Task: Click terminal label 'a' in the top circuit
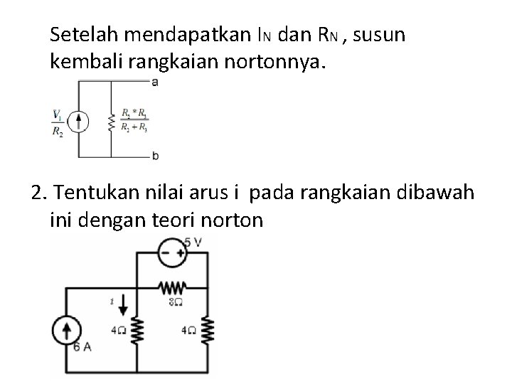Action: (x=155, y=82)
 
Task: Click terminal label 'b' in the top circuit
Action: (x=155, y=155)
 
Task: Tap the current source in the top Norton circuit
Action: (x=80, y=121)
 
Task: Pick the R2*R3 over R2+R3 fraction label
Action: (x=134, y=121)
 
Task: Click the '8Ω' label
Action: (x=176, y=302)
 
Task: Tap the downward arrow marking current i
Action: (x=123, y=306)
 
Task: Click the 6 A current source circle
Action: (x=68, y=331)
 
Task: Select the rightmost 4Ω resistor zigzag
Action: (x=208, y=330)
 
